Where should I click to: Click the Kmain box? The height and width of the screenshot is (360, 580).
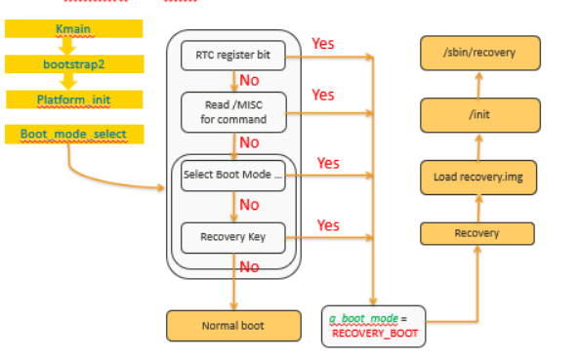click(x=74, y=30)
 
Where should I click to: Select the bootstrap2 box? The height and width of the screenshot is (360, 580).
click(x=74, y=64)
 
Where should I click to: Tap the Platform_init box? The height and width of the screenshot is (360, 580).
click(x=74, y=100)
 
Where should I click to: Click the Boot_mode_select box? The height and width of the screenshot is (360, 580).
click(x=74, y=133)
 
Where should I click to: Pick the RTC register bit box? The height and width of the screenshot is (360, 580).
click(x=233, y=57)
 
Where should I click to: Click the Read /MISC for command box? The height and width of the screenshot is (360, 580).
click(x=233, y=112)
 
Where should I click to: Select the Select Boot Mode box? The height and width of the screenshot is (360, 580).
click(x=233, y=176)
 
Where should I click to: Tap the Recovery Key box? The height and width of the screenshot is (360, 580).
click(x=233, y=237)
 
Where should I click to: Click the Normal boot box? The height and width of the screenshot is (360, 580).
click(x=233, y=325)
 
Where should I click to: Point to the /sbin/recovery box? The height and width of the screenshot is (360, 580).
click(x=479, y=53)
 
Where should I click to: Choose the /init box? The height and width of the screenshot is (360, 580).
click(x=479, y=115)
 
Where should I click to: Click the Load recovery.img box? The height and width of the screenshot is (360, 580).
click(x=479, y=177)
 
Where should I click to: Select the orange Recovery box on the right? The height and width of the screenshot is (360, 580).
click(x=477, y=233)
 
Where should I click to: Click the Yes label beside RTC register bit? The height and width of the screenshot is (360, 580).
click(x=323, y=44)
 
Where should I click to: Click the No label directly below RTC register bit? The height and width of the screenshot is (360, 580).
click(x=249, y=81)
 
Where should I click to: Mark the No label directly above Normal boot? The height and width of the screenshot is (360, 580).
click(x=249, y=266)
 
